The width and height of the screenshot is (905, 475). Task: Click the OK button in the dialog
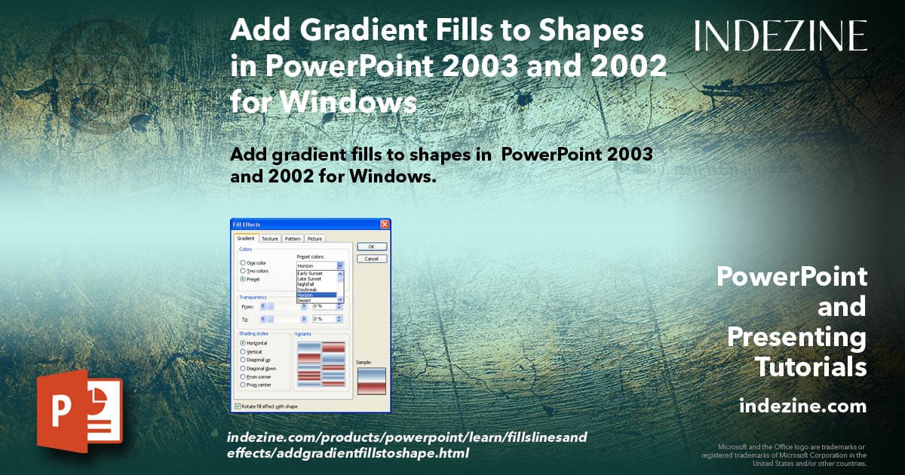(x=371, y=247)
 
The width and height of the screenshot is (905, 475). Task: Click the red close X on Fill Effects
(x=385, y=225)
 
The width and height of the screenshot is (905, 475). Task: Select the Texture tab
(x=270, y=238)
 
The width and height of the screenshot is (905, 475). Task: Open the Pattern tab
(x=293, y=238)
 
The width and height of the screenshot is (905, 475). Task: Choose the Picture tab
(x=314, y=238)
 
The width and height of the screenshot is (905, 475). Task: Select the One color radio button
(x=242, y=263)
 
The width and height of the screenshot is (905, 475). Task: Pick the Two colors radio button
(x=242, y=271)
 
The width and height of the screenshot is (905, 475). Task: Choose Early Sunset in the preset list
(x=310, y=274)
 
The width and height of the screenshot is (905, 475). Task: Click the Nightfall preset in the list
(x=307, y=284)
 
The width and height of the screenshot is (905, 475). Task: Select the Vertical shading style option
(x=242, y=351)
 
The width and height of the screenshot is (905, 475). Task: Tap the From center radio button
(x=242, y=385)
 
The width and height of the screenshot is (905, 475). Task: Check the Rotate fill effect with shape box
(x=239, y=406)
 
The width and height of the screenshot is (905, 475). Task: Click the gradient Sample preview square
(x=371, y=381)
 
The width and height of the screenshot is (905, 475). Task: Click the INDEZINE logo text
(x=781, y=35)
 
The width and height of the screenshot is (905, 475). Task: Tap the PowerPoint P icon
(x=79, y=413)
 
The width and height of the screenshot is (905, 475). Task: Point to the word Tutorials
(x=811, y=367)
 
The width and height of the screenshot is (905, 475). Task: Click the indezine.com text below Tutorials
(x=802, y=406)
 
